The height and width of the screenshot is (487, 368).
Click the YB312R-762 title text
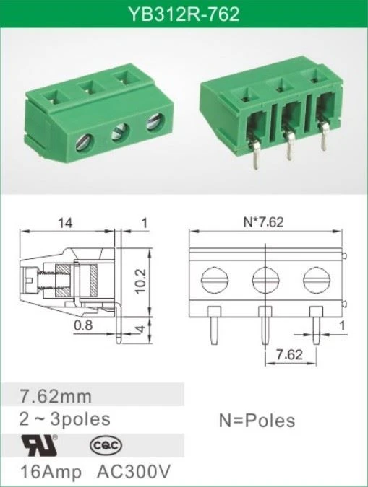(x=184, y=14)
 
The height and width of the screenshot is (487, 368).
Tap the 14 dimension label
(x=65, y=223)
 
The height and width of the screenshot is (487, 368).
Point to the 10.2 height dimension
(x=140, y=281)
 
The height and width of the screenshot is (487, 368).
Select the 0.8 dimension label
(x=83, y=325)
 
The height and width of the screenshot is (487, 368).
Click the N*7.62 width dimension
(x=263, y=222)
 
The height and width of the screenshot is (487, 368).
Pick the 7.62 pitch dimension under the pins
(x=289, y=355)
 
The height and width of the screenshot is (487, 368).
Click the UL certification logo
(x=39, y=444)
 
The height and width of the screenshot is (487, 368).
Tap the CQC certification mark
(x=106, y=446)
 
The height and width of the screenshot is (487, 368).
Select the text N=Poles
(x=257, y=421)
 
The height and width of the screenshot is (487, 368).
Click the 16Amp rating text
(x=51, y=472)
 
